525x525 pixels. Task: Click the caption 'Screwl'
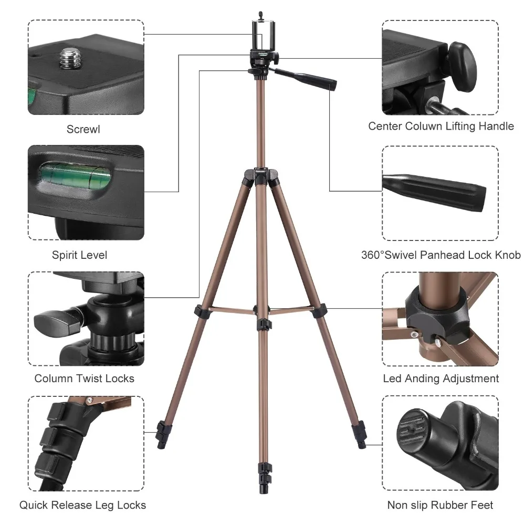click(83, 129)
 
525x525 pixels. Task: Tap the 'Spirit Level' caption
click(79, 255)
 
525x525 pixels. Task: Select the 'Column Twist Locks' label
click(85, 379)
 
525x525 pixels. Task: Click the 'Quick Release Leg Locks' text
click(83, 506)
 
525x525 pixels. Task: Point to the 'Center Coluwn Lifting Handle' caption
click(441, 127)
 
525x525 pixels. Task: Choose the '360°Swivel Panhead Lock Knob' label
click(441, 255)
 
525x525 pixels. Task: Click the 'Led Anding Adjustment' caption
click(441, 379)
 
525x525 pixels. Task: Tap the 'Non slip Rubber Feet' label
click(440, 506)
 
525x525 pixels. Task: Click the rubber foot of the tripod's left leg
click(162, 434)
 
